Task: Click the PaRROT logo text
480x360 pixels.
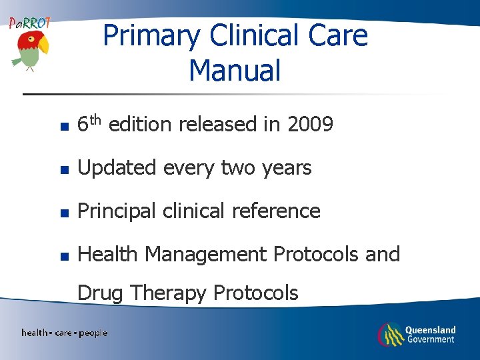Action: click(29, 23)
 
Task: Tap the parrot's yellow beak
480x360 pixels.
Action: click(43, 45)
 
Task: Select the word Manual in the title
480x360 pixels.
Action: click(235, 70)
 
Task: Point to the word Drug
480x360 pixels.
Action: click(101, 293)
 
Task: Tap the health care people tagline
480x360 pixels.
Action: click(64, 332)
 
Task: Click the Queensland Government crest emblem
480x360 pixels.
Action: click(390, 334)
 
